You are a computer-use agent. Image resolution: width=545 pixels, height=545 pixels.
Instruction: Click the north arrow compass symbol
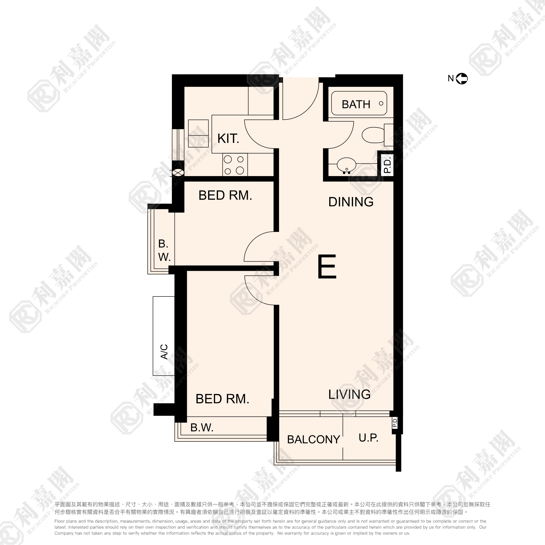pyautogui.click(x=462, y=79)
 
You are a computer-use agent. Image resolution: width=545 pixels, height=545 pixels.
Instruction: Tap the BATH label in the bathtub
pyautogui.click(x=356, y=104)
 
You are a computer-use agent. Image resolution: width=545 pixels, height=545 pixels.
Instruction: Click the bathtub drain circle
pyautogui.click(x=381, y=104)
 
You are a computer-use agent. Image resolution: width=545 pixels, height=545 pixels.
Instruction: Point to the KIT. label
pyautogui.click(x=228, y=138)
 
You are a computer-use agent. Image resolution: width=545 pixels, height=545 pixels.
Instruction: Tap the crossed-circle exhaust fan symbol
pyautogui.click(x=178, y=172)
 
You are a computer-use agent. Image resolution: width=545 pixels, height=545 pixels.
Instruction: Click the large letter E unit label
pyautogui.click(x=327, y=267)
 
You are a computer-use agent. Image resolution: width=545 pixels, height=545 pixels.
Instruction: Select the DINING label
pyautogui.click(x=351, y=202)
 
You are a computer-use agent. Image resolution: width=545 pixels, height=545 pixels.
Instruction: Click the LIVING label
pyautogui.click(x=349, y=394)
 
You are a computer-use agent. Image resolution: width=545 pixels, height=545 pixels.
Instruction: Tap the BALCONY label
pyautogui.click(x=313, y=439)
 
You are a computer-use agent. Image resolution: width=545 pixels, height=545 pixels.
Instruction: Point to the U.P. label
pyautogui.click(x=368, y=437)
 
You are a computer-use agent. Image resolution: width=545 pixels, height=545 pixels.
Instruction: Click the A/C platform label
pyautogui.click(x=164, y=352)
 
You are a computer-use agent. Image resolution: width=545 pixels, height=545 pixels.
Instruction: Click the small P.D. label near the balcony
pyautogui.click(x=395, y=422)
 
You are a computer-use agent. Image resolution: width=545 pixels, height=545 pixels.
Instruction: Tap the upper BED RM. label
pyautogui.click(x=225, y=195)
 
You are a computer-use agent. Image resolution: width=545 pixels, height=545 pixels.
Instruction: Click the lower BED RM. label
pyautogui.click(x=222, y=399)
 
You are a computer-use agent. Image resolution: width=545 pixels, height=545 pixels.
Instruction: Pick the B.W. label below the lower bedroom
pyautogui.click(x=202, y=428)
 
